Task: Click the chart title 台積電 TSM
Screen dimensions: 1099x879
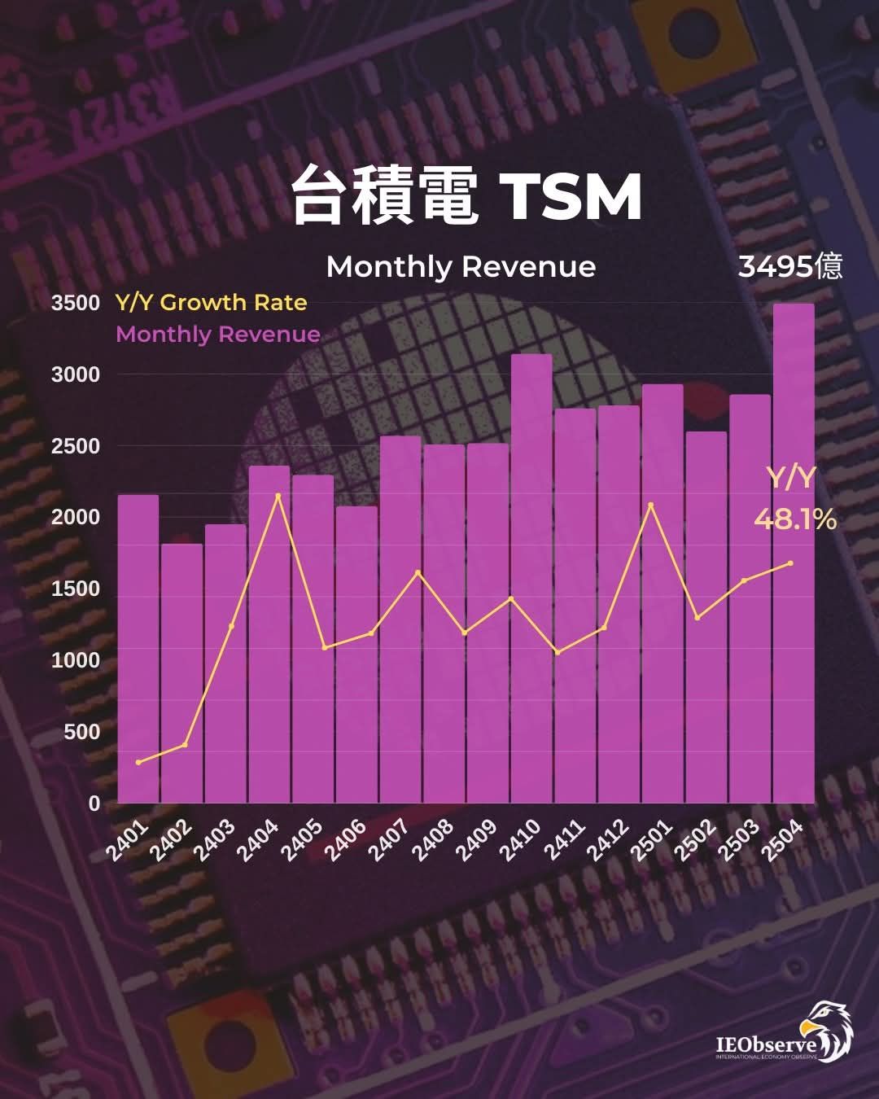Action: click(467, 196)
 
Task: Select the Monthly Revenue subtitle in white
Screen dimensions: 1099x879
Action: click(461, 267)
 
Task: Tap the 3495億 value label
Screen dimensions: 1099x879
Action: click(789, 267)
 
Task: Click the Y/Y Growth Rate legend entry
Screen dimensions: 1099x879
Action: click(211, 303)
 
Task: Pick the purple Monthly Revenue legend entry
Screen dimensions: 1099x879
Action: click(217, 335)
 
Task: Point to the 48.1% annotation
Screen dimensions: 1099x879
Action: click(795, 519)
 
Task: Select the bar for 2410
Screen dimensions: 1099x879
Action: click(531, 578)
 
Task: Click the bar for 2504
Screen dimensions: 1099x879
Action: click(794, 554)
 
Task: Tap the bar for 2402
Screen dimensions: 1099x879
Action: click(181, 672)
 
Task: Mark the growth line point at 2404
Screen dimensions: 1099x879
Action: click(278, 496)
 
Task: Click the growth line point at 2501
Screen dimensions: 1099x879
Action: click(650, 505)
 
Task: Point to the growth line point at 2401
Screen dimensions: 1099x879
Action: click(138, 762)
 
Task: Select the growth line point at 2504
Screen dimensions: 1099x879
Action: click(791, 563)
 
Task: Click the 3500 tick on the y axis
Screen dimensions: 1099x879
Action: click(75, 304)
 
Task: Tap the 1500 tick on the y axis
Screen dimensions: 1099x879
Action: click(75, 589)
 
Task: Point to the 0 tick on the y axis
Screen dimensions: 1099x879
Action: click(94, 803)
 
